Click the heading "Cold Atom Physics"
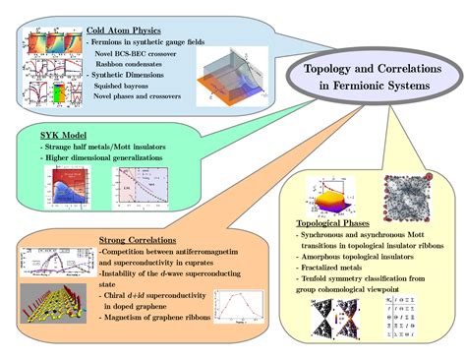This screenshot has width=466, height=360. coord(123,30)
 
